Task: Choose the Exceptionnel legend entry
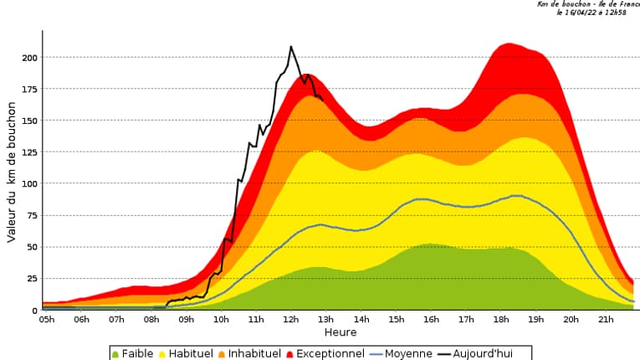(327, 353)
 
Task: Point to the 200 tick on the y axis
(28, 58)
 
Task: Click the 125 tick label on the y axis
(28, 152)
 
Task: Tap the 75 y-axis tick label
(32, 215)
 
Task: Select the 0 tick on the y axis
(35, 311)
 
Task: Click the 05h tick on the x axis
(47, 320)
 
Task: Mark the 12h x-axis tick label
(291, 320)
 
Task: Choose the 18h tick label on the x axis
(501, 320)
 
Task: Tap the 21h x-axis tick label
(606, 320)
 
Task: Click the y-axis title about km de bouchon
(12, 172)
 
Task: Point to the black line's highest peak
(291, 47)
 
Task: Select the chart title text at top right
(588, 8)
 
